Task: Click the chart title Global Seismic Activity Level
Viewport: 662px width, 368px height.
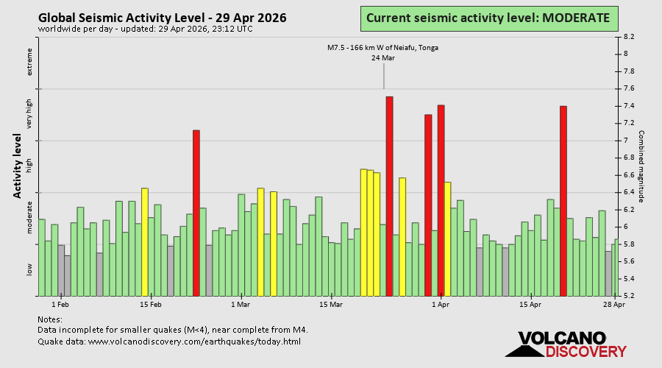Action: [162, 18]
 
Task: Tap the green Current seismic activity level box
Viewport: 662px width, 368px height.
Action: [488, 18]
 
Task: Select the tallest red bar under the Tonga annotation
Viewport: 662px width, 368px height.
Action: [389, 196]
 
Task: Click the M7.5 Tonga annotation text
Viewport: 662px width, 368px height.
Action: [383, 48]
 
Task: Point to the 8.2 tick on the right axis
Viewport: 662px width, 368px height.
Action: [630, 36]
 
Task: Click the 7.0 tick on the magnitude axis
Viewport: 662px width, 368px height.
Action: [630, 140]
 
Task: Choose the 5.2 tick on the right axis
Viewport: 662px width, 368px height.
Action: [630, 296]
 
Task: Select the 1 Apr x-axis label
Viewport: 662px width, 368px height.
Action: [440, 304]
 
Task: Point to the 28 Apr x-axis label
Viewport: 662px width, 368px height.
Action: [615, 304]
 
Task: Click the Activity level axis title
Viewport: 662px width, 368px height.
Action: [17, 166]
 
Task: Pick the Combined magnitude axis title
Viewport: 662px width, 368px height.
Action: [641, 166]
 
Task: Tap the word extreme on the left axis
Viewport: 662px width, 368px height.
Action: [30, 62]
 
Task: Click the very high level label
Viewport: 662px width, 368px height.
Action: [30, 113]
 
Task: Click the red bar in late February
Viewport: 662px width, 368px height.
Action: [196, 213]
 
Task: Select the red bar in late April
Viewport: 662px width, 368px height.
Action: [563, 201]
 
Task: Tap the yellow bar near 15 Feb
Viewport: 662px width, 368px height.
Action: [145, 241]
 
